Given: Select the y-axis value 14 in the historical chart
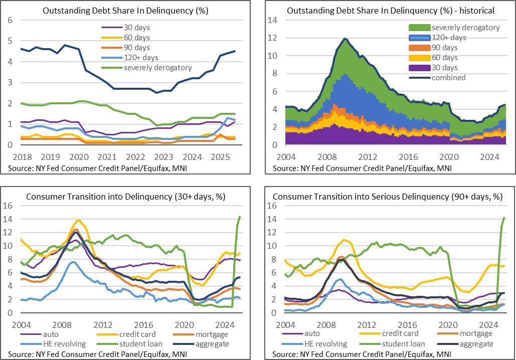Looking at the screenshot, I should (274, 20).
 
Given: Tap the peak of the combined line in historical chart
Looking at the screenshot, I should (345, 39).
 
